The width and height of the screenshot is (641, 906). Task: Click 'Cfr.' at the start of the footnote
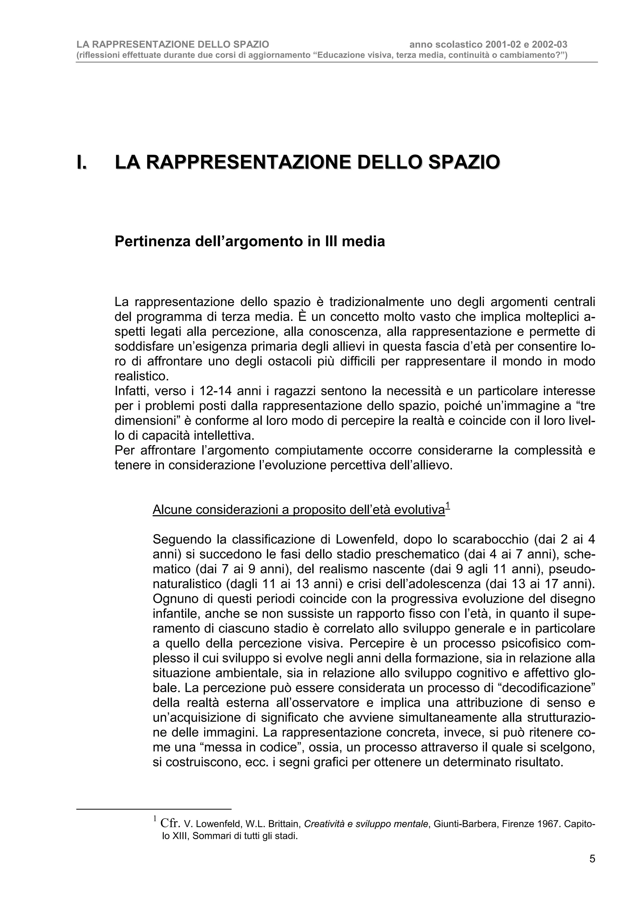coord(171,823)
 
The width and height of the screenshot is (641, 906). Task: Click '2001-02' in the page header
coord(500,45)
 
